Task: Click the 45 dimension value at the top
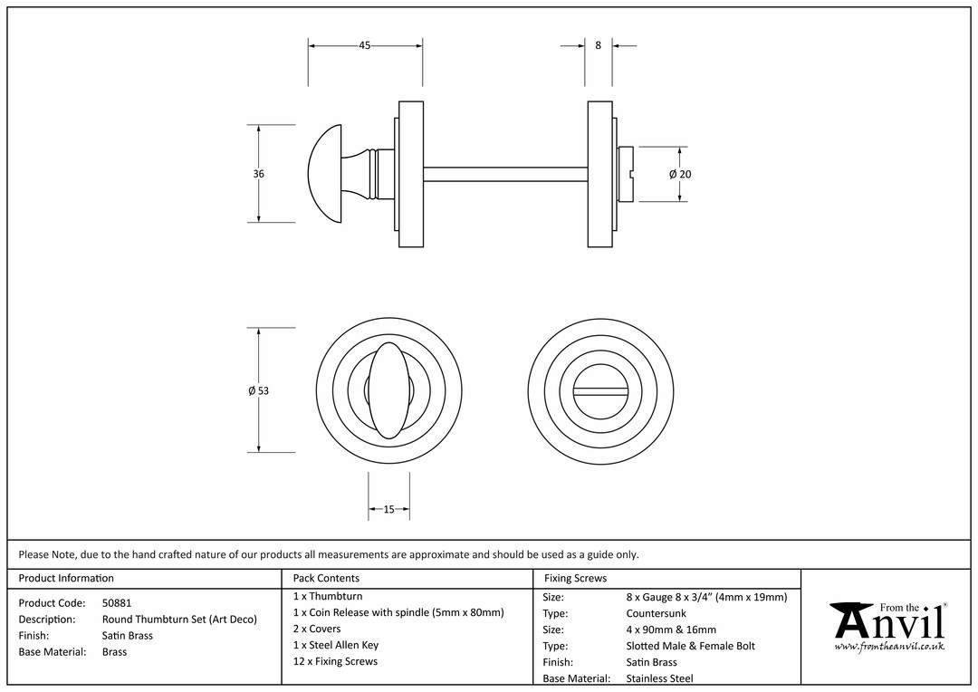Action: pyautogui.click(x=365, y=45)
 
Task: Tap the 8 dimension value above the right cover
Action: pyautogui.click(x=599, y=45)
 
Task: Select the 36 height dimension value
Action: pyautogui.click(x=259, y=174)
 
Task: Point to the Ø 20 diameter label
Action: pyautogui.click(x=680, y=174)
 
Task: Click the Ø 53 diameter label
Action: pyautogui.click(x=259, y=390)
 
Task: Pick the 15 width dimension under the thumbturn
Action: pyautogui.click(x=388, y=509)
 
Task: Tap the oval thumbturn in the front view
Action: pyautogui.click(x=389, y=390)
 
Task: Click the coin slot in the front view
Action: pyautogui.click(x=600, y=391)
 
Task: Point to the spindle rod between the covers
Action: pyautogui.click(x=505, y=174)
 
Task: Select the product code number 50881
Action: pyautogui.click(x=117, y=602)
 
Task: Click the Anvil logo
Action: pyautogui.click(x=889, y=626)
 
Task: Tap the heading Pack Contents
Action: pyautogui.click(x=326, y=578)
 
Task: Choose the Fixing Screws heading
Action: pyautogui.click(x=575, y=578)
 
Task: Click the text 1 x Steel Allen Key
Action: pyautogui.click(x=336, y=645)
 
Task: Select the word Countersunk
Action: pyautogui.click(x=657, y=613)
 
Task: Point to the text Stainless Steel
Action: pyautogui.click(x=659, y=678)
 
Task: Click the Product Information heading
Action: pyautogui.click(x=66, y=578)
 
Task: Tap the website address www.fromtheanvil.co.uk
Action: pyautogui.click(x=889, y=647)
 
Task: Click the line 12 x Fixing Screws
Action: pyautogui.click(x=335, y=661)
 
